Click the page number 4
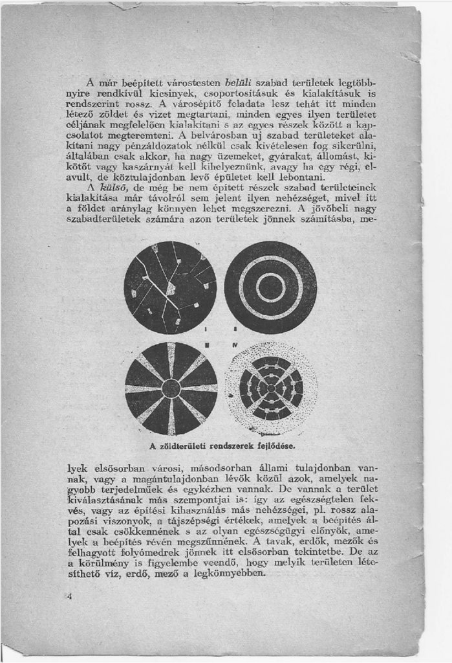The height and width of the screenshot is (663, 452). point(68,596)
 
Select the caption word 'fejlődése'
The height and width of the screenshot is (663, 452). point(279,447)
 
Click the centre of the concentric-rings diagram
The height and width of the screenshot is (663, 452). point(270,287)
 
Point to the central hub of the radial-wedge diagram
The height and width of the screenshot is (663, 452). point(171,388)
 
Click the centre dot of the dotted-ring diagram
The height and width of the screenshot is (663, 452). point(271,388)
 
